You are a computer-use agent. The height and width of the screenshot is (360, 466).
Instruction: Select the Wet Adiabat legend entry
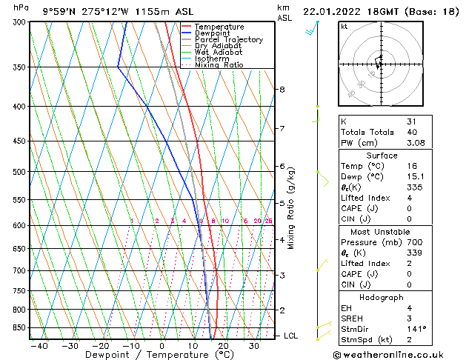click(218, 53)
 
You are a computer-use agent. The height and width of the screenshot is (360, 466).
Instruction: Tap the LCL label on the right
click(290, 336)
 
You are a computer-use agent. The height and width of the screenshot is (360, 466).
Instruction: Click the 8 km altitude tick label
click(282, 90)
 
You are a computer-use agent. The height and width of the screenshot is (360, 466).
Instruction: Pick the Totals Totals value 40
click(412, 132)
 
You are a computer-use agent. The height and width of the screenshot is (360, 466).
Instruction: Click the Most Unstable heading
click(382, 231)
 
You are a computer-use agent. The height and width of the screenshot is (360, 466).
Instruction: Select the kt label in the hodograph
click(344, 27)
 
